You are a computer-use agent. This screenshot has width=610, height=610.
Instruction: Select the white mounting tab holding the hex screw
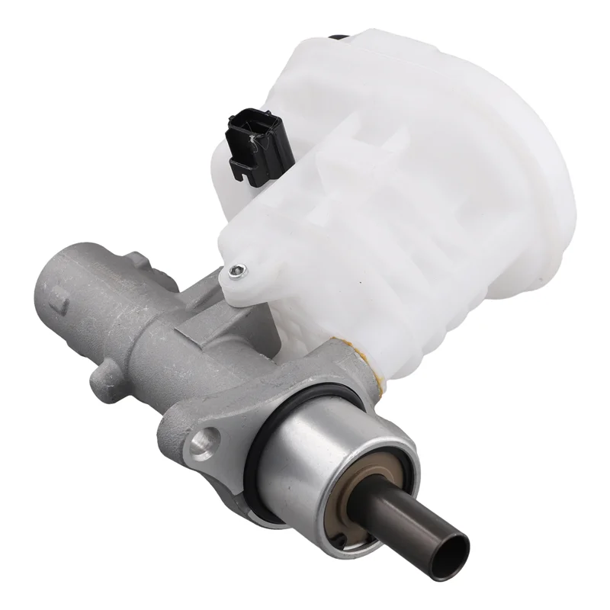242,274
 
